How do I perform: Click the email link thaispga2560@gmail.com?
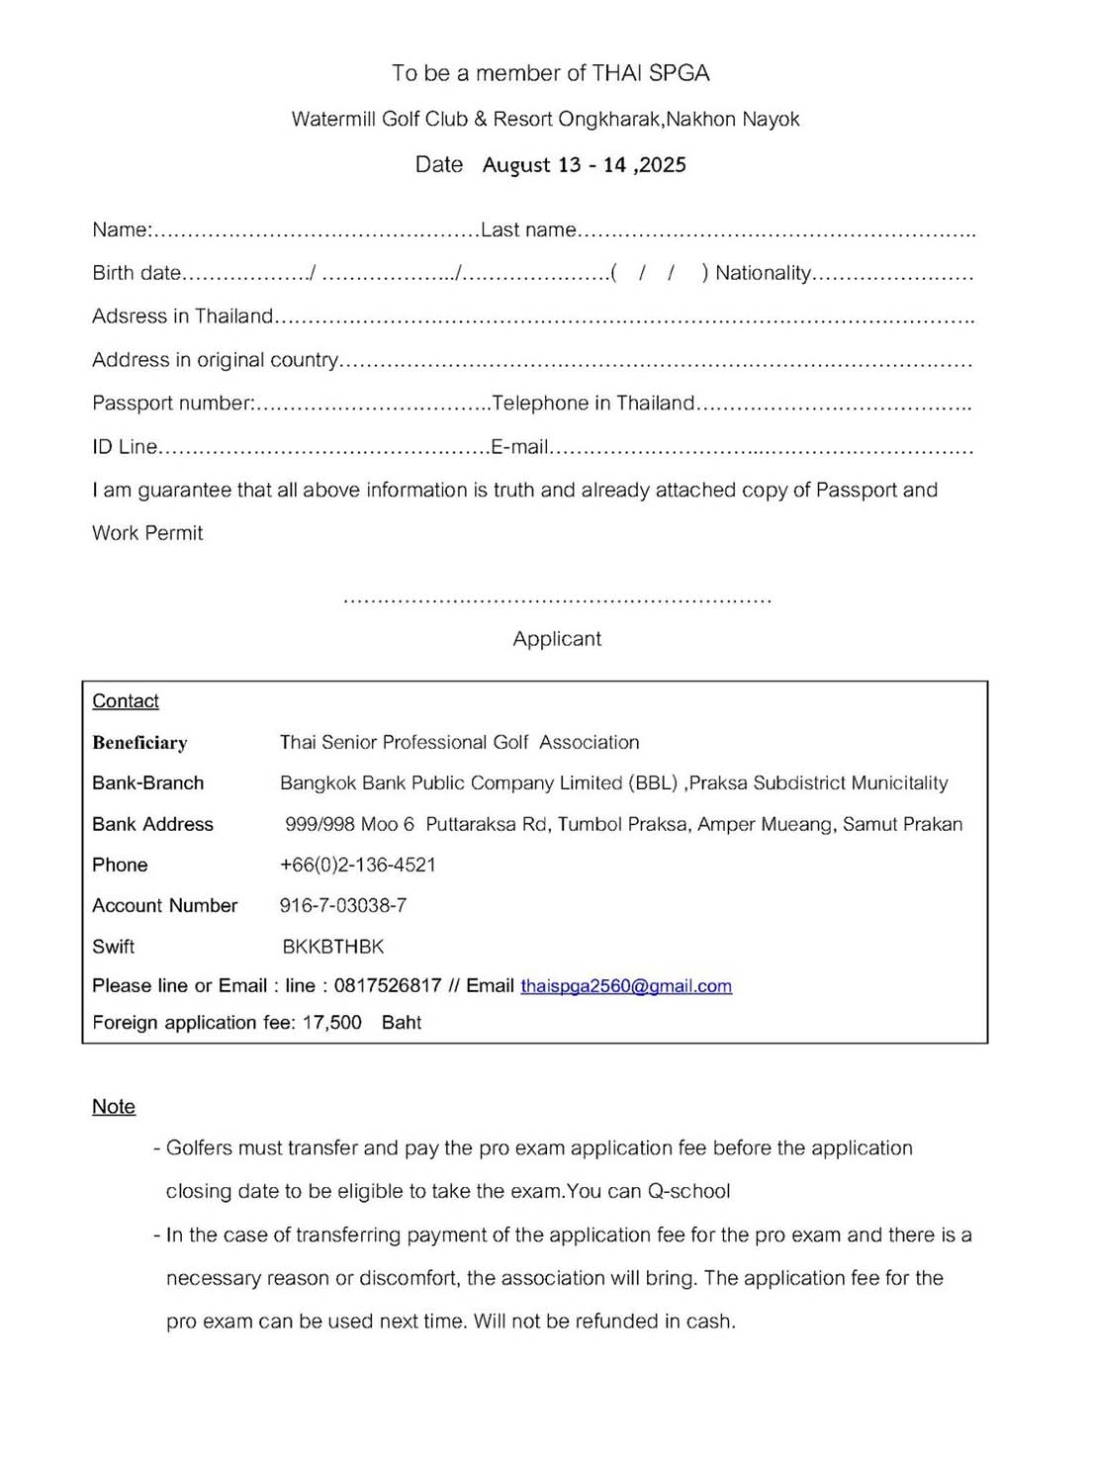(626, 986)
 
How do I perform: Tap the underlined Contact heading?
(126, 701)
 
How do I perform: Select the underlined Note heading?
(114, 1107)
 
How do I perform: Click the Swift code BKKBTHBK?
(333, 947)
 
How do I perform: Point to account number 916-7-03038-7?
(343, 905)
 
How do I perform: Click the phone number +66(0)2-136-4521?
(358, 865)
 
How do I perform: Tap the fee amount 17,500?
(332, 1023)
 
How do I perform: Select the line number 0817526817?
(388, 986)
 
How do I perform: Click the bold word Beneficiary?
(139, 743)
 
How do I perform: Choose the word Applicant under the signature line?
(557, 639)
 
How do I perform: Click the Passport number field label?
(173, 404)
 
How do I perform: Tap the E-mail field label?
(520, 447)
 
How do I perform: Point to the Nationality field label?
(763, 273)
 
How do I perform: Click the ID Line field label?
(125, 447)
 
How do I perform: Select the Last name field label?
(528, 230)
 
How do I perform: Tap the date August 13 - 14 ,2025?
(585, 165)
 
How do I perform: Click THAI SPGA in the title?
(651, 73)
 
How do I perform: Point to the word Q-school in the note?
(689, 1191)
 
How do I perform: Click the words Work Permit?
(147, 533)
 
